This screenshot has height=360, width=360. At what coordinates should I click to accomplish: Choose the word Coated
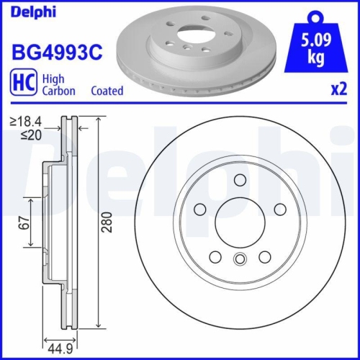(x=107, y=91)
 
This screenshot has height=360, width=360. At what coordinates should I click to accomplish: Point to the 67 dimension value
(x=23, y=226)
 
